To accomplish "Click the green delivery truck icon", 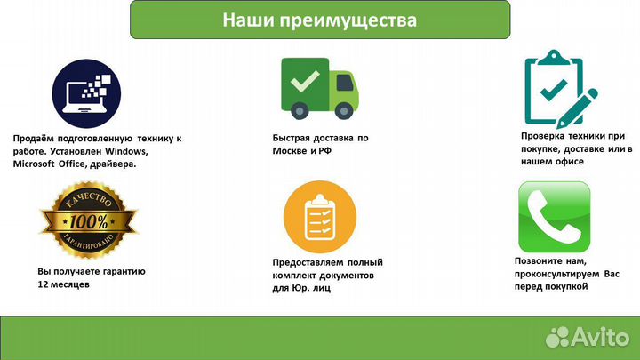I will pyautogui.click(x=319, y=86).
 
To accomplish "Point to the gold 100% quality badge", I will pyautogui.click(x=89, y=219).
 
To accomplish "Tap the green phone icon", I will pyautogui.click(x=554, y=216).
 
